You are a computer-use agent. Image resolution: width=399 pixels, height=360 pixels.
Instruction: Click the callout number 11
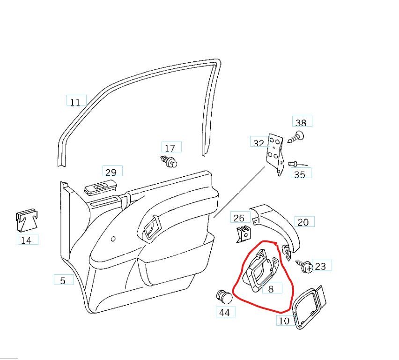tap(75, 102)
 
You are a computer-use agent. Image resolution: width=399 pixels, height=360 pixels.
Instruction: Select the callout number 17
tap(170, 148)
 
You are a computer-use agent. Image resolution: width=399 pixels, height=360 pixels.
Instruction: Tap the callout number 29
tap(111, 172)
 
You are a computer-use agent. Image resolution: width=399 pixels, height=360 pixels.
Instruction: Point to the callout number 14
tap(26, 240)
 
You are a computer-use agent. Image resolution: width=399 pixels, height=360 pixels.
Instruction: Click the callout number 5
tap(63, 281)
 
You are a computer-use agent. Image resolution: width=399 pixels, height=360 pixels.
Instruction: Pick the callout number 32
tap(259, 143)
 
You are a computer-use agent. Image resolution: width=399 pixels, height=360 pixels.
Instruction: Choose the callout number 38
tap(301, 123)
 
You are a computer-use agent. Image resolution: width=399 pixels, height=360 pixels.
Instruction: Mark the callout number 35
tap(300, 174)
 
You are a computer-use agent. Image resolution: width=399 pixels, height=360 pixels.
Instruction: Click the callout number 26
tap(239, 218)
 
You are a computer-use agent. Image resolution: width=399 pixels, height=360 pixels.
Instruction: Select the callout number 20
tap(303, 222)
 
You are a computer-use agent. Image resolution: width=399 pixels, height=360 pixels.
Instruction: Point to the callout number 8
tap(271, 289)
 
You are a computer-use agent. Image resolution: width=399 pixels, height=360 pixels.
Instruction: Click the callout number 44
tap(224, 313)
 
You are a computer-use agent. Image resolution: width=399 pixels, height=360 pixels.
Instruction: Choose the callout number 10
tap(284, 321)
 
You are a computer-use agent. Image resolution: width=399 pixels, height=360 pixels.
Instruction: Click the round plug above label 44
tap(224, 297)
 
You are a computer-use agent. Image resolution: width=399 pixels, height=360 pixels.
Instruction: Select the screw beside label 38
tap(296, 137)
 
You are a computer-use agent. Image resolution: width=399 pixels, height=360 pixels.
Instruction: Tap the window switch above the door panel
tap(101, 188)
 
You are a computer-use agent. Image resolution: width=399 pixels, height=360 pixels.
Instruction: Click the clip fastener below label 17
tap(169, 161)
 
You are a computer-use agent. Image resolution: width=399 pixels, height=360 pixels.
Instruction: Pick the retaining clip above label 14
tap(27, 220)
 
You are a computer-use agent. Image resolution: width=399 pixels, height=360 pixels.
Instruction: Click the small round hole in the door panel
tap(113, 239)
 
